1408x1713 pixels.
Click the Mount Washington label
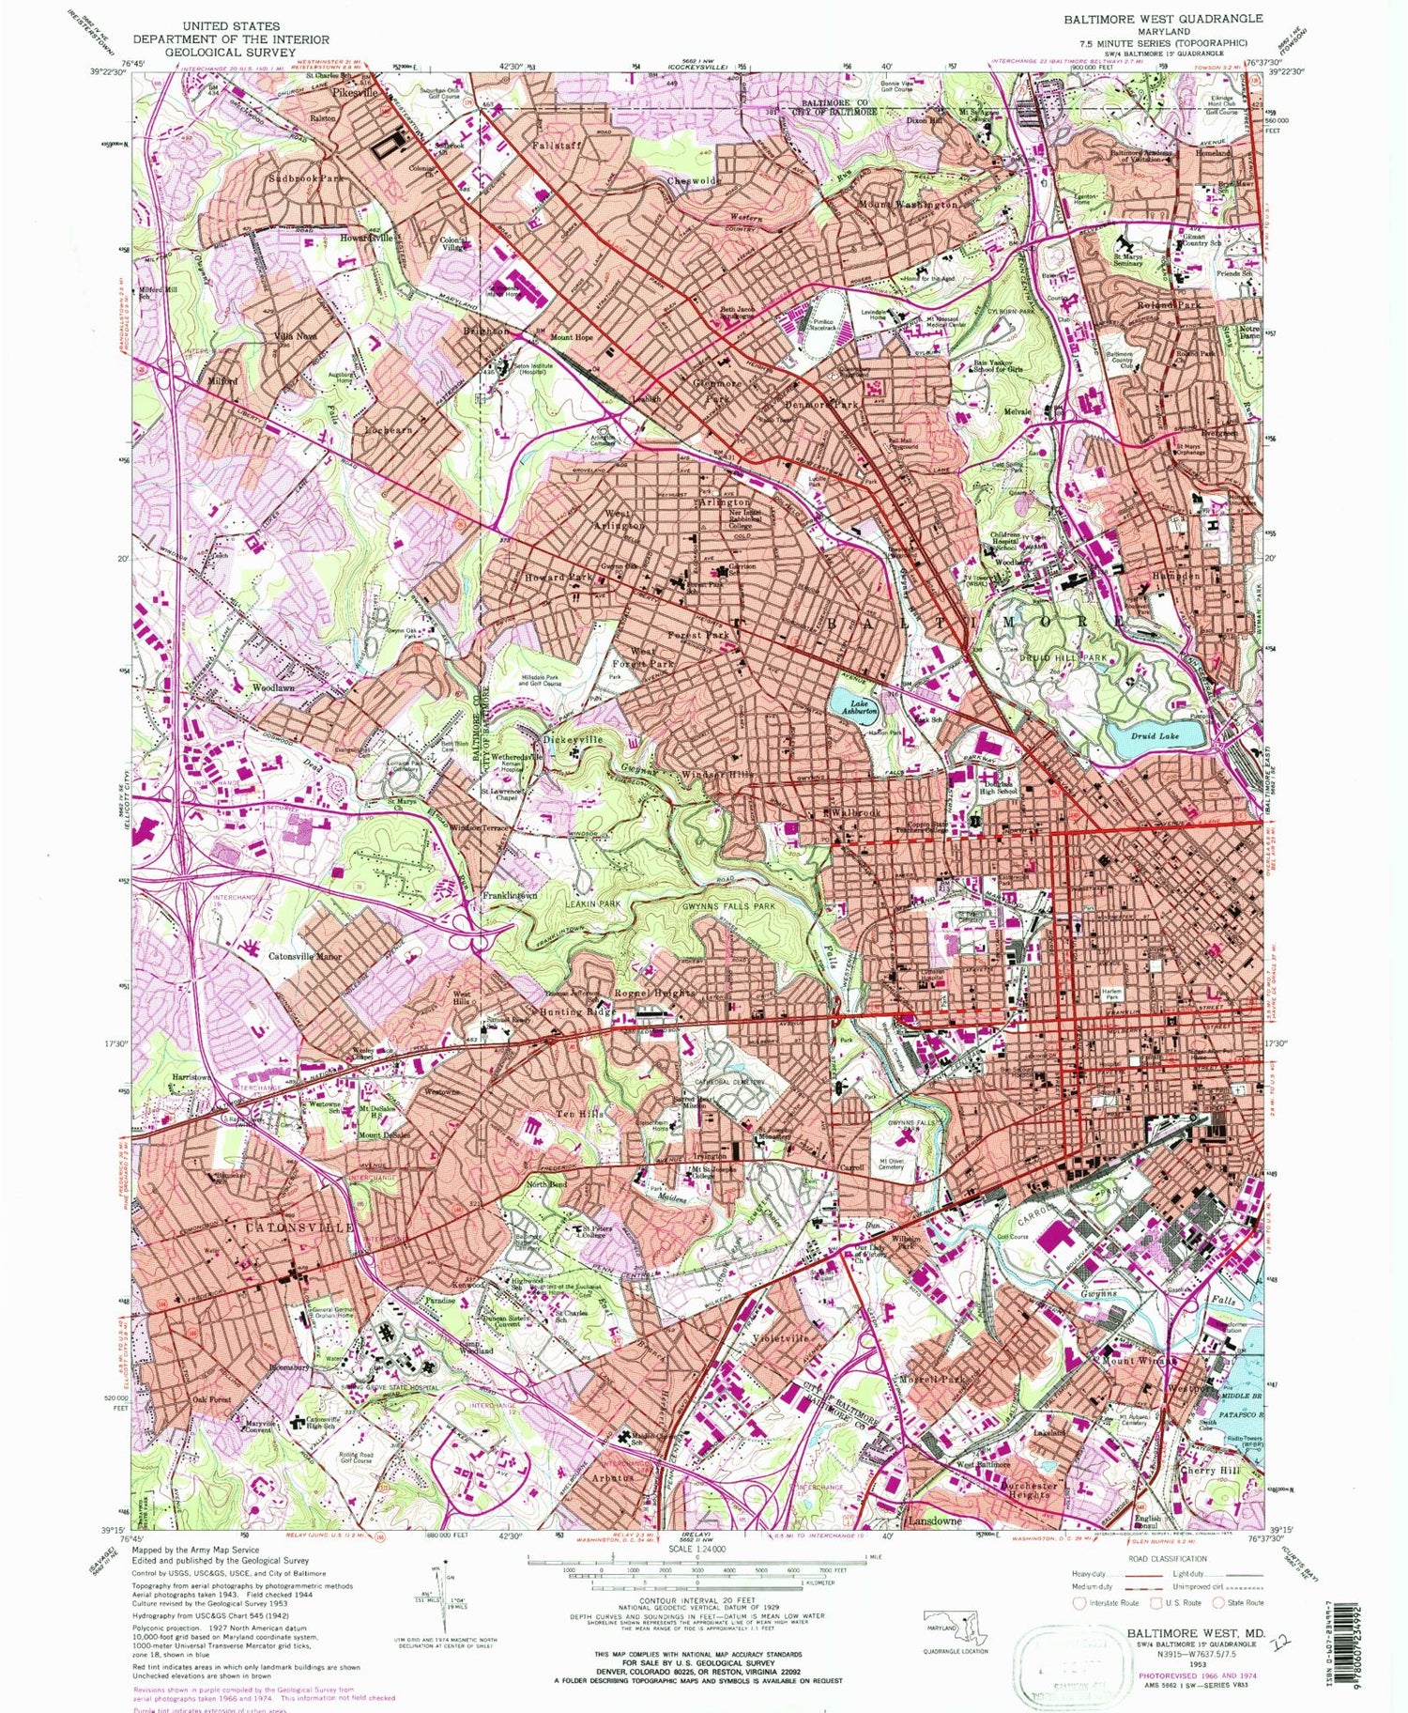point(908,204)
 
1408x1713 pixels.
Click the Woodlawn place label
point(273,688)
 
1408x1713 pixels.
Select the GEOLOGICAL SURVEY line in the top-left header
point(230,53)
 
